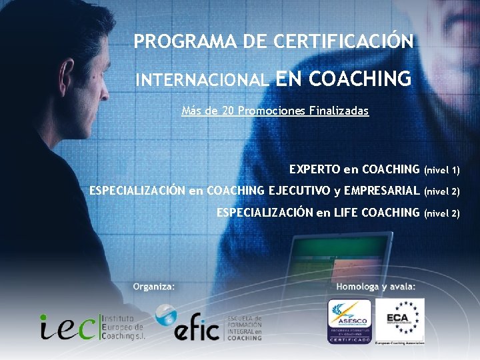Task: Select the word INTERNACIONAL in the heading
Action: coord(202,81)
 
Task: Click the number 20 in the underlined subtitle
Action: coord(227,111)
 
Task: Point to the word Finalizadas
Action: coord(338,111)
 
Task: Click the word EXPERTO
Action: coord(315,170)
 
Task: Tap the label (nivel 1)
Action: coord(442,171)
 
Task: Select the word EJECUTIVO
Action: coord(299,191)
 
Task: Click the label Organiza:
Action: coord(154,287)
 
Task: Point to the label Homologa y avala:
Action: coord(376,287)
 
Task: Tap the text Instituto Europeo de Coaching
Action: coord(123,327)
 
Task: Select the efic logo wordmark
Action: coord(196,330)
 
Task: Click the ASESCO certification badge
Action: coord(349,321)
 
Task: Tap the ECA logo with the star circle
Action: coord(399,320)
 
